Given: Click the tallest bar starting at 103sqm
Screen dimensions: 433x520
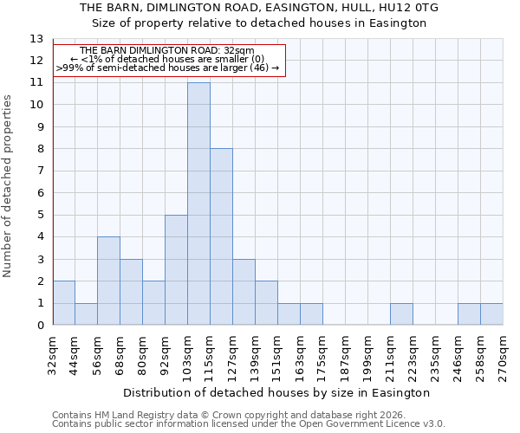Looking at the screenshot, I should pyautogui.click(x=198, y=204).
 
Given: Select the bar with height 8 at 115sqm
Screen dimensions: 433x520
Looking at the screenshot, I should pyautogui.click(x=221, y=237).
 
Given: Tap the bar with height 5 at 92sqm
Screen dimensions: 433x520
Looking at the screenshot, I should pyautogui.click(x=176, y=270).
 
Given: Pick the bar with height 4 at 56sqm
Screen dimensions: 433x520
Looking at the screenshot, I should pyautogui.click(x=108, y=281).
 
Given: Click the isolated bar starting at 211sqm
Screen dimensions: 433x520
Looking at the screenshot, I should pyautogui.click(x=401, y=314).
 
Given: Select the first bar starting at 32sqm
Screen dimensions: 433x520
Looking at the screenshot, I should pyautogui.click(x=63, y=304).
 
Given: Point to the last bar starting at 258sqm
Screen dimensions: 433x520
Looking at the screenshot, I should pyautogui.click(x=491, y=314).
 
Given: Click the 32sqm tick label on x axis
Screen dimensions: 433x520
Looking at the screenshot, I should pyautogui.click(x=53, y=353).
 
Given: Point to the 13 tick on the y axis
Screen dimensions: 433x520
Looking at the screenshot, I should pyautogui.click(x=36, y=39).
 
